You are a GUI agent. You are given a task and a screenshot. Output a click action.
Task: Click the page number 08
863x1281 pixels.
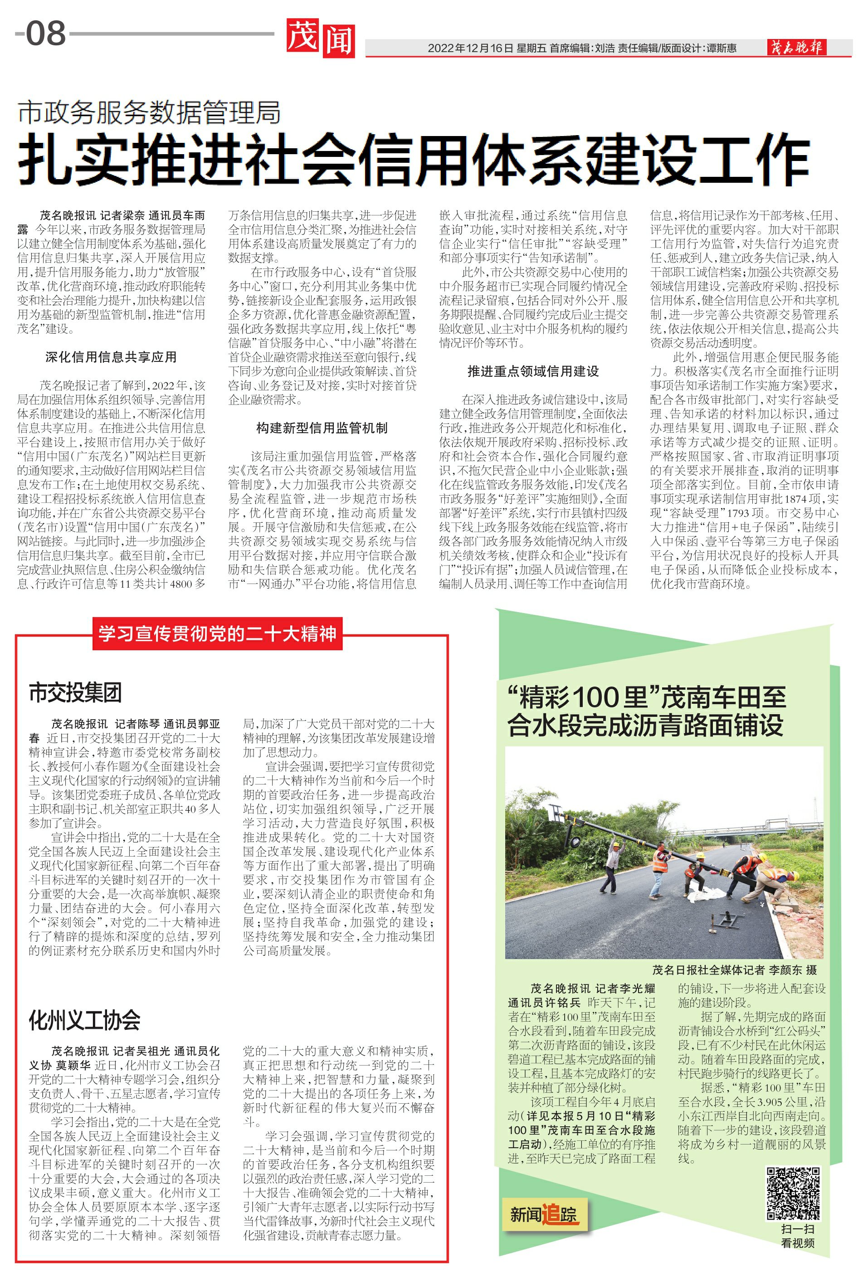pos(46,34)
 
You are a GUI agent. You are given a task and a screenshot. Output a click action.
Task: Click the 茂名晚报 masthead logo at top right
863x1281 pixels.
pos(796,47)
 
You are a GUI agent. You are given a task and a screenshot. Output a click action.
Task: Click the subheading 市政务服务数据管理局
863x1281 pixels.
pos(149,112)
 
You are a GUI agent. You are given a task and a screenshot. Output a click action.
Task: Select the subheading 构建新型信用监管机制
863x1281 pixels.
pos(322,428)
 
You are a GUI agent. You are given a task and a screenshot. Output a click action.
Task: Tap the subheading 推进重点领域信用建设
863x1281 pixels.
pos(533,371)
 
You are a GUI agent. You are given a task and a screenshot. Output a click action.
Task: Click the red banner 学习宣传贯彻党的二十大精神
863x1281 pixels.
pos(217,634)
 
